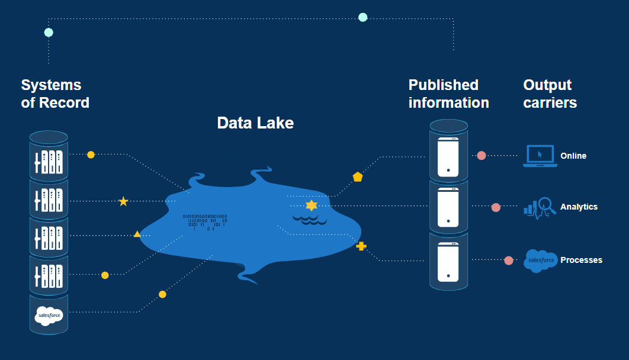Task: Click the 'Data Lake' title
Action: click(x=255, y=123)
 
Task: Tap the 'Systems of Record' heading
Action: click(x=55, y=94)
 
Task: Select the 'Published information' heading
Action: click(x=448, y=94)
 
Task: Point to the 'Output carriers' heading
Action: click(x=550, y=94)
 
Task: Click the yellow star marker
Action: click(x=123, y=201)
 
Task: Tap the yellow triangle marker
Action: click(x=137, y=234)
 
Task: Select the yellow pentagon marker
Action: click(x=358, y=176)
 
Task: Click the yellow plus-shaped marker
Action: click(x=361, y=246)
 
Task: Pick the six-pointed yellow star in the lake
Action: click(x=312, y=205)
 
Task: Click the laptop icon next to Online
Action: click(x=540, y=156)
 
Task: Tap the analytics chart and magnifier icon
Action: click(x=540, y=207)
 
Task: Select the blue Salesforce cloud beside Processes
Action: click(x=540, y=261)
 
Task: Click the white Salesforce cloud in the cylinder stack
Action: click(x=49, y=316)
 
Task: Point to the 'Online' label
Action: click(x=573, y=156)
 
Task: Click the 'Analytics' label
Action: click(x=579, y=207)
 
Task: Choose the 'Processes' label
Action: click(x=581, y=260)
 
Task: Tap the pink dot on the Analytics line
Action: click(x=496, y=207)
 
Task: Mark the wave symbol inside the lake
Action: click(x=310, y=220)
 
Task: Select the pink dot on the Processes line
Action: click(x=508, y=261)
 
